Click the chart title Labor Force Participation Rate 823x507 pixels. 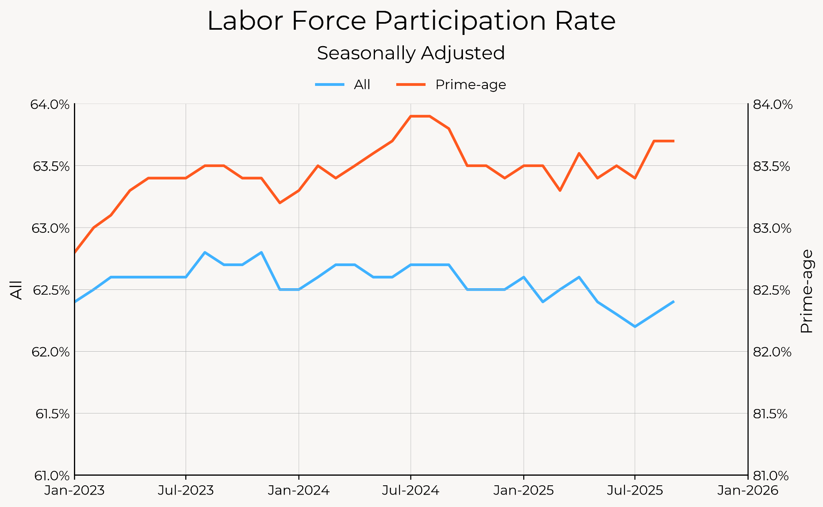tap(411, 21)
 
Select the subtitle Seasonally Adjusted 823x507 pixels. tap(411, 53)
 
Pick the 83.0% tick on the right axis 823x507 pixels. tap(772, 228)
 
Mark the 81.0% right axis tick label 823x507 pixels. tap(772, 476)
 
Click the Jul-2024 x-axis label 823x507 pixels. tap(410, 491)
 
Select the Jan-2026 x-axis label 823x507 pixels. tap(747, 491)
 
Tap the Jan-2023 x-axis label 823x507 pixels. tap(75, 491)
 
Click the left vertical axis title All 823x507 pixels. tap(16, 290)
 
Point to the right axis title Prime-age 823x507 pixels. tap(806, 291)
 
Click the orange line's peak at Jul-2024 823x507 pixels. tap(411, 116)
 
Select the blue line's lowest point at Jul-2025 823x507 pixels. tap(635, 327)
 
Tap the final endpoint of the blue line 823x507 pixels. tap(674, 301)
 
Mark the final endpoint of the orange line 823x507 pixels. tap(674, 141)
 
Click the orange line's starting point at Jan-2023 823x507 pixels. tap(75, 252)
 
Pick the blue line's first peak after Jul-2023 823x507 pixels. tap(205, 252)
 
